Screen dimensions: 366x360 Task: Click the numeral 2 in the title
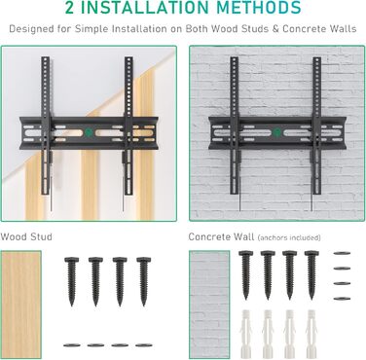click(69, 7)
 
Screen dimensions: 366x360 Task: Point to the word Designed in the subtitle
click(31, 29)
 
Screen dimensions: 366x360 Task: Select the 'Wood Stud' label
click(26, 236)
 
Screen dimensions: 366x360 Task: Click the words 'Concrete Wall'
click(221, 236)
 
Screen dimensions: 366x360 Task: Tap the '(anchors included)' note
click(289, 237)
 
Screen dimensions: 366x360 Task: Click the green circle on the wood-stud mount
click(89, 132)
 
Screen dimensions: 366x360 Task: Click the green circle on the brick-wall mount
click(276, 132)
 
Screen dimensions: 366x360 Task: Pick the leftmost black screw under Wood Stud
click(71, 281)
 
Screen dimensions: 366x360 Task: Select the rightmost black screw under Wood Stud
click(143, 281)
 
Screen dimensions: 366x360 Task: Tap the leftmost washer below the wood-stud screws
click(72, 345)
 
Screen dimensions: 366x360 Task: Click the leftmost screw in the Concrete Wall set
click(246, 275)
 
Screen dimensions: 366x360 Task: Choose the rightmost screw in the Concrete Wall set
click(311, 275)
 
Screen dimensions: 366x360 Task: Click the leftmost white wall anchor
click(246, 334)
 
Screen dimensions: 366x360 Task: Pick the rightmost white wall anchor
click(311, 334)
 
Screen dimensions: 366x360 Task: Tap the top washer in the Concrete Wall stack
click(342, 253)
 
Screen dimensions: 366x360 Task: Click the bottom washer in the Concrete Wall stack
click(342, 299)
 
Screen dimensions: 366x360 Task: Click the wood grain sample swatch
click(20, 305)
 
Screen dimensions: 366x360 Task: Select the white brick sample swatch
click(209, 305)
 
